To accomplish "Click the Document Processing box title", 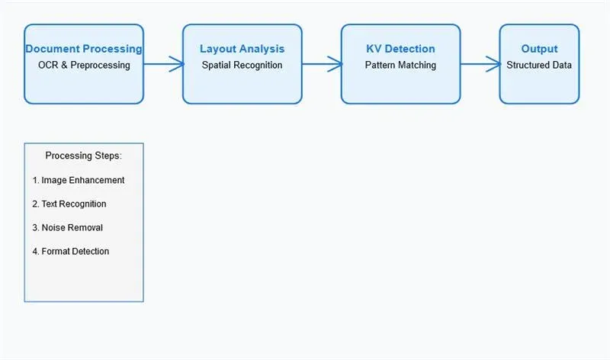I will point(84,49).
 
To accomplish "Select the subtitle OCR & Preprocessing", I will point(84,66).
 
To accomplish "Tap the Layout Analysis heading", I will point(242,49).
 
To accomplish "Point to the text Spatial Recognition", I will point(242,66).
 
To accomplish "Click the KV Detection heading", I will point(400,49).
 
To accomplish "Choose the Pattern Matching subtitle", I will point(400,66).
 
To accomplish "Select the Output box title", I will point(539,49).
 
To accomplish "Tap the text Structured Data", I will point(539,66).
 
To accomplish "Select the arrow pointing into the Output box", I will point(480,64).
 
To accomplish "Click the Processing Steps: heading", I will point(83,156).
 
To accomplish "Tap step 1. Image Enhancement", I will point(79,181).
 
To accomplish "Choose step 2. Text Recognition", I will point(69,204).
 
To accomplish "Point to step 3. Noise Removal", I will point(67,228).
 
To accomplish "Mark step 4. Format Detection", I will point(71,252).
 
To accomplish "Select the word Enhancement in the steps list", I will point(98,181).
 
